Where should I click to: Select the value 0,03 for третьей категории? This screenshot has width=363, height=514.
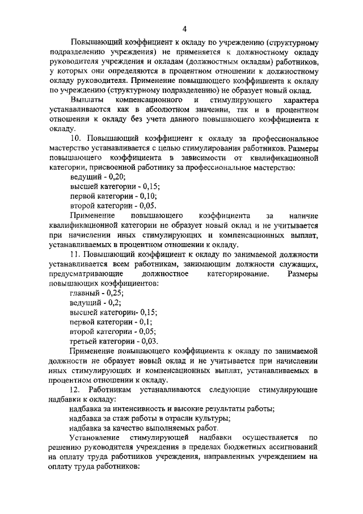pos(146,341)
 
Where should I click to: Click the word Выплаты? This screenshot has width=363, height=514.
pos(86,101)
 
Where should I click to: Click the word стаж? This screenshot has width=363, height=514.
pos(118,419)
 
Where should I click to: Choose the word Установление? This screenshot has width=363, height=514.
pos(94,438)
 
